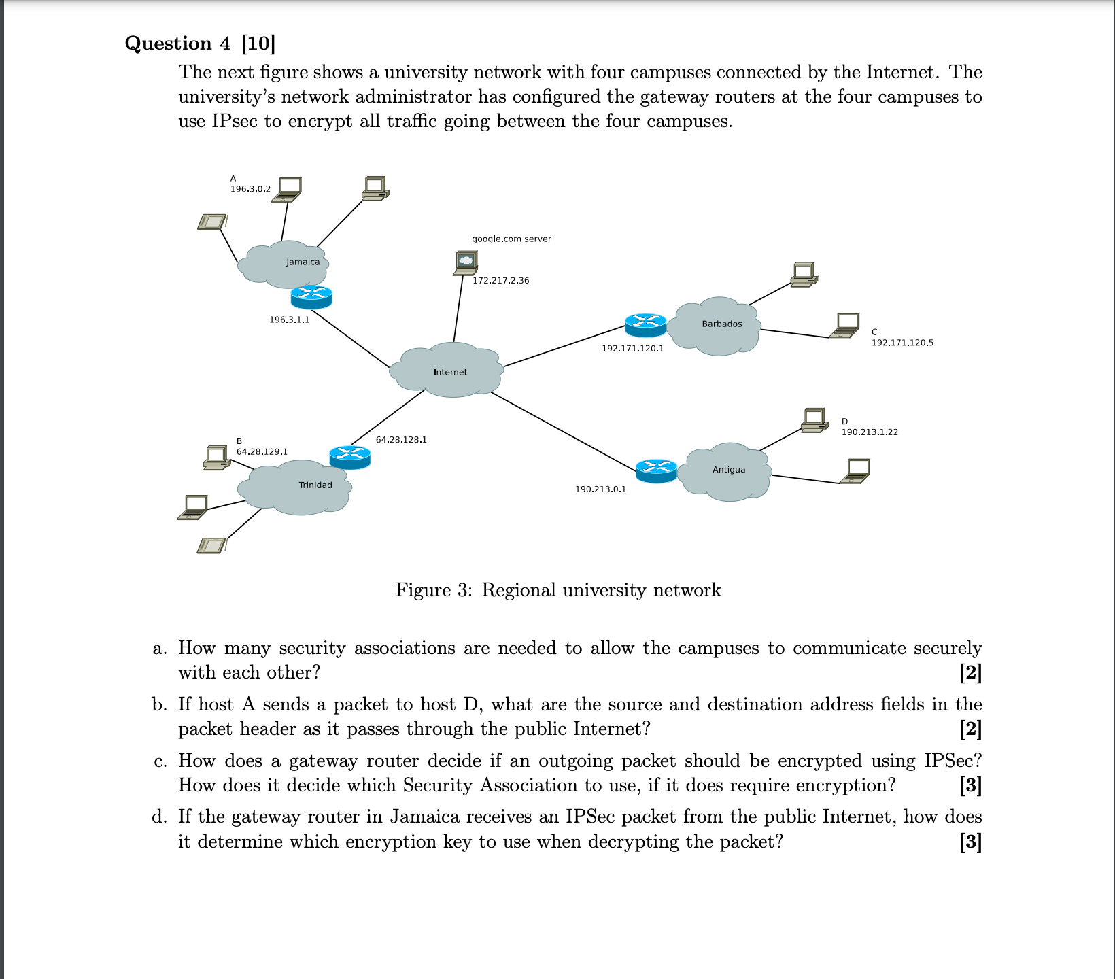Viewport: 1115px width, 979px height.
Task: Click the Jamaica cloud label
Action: [303, 262]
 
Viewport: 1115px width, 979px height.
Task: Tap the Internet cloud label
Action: [450, 372]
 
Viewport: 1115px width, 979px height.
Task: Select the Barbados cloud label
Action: [722, 324]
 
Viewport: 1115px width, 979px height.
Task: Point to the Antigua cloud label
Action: [729, 470]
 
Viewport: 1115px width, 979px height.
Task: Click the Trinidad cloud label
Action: [315, 485]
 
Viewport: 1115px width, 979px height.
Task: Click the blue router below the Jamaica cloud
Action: [311, 296]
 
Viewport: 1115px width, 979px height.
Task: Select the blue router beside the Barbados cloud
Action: [645, 325]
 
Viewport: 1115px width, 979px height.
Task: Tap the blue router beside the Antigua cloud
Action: [657, 470]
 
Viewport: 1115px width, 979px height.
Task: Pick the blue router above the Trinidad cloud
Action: [349, 457]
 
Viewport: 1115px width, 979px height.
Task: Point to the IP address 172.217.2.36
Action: [500, 280]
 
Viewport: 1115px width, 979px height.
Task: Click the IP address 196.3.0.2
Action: [250, 188]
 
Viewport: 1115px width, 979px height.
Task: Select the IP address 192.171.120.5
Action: [902, 343]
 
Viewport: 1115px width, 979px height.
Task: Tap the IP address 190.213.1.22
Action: [870, 432]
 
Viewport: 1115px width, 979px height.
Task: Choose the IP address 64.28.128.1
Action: [401, 440]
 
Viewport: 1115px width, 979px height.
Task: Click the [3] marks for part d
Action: [970, 842]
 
